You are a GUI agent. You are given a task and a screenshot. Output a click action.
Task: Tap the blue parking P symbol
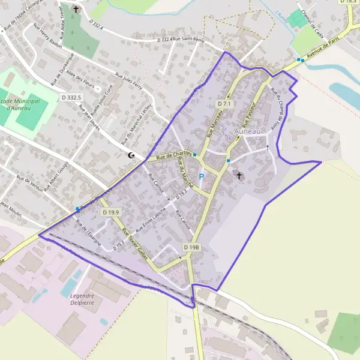tap(202, 177)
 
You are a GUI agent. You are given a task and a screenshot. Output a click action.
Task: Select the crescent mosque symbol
tap(132, 155)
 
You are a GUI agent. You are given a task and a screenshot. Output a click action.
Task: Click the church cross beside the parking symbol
tap(239, 176)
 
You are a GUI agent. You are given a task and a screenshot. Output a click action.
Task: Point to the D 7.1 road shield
tap(224, 104)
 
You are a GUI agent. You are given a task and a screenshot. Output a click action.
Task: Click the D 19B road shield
tap(191, 247)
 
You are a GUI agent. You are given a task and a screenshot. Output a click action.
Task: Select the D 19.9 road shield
tap(111, 212)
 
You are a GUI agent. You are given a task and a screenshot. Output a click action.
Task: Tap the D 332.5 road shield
tap(71, 97)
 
